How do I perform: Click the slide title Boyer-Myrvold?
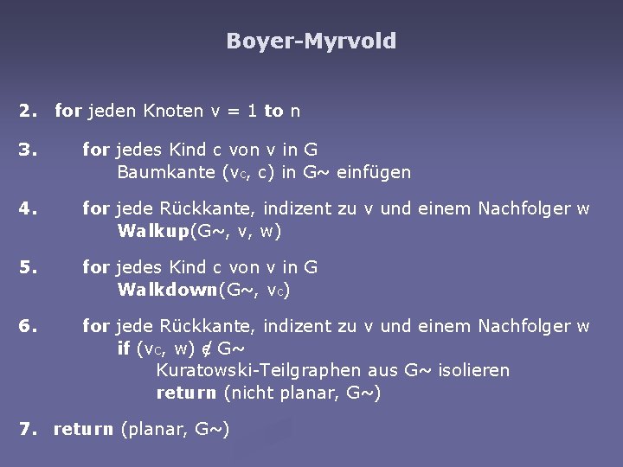[x=311, y=41]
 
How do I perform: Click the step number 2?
[x=29, y=112]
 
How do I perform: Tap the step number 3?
[x=29, y=150]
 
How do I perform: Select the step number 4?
[x=29, y=209]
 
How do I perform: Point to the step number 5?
[x=29, y=268]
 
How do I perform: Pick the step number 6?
[x=29, y=327]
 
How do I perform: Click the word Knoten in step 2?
[x=173, y=112]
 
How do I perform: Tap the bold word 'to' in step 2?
[x=273, y=112]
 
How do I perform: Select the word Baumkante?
[x=160, y=172]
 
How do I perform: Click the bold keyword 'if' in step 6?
[x=124, y=349]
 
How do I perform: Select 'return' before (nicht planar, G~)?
[x=187, y=393]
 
